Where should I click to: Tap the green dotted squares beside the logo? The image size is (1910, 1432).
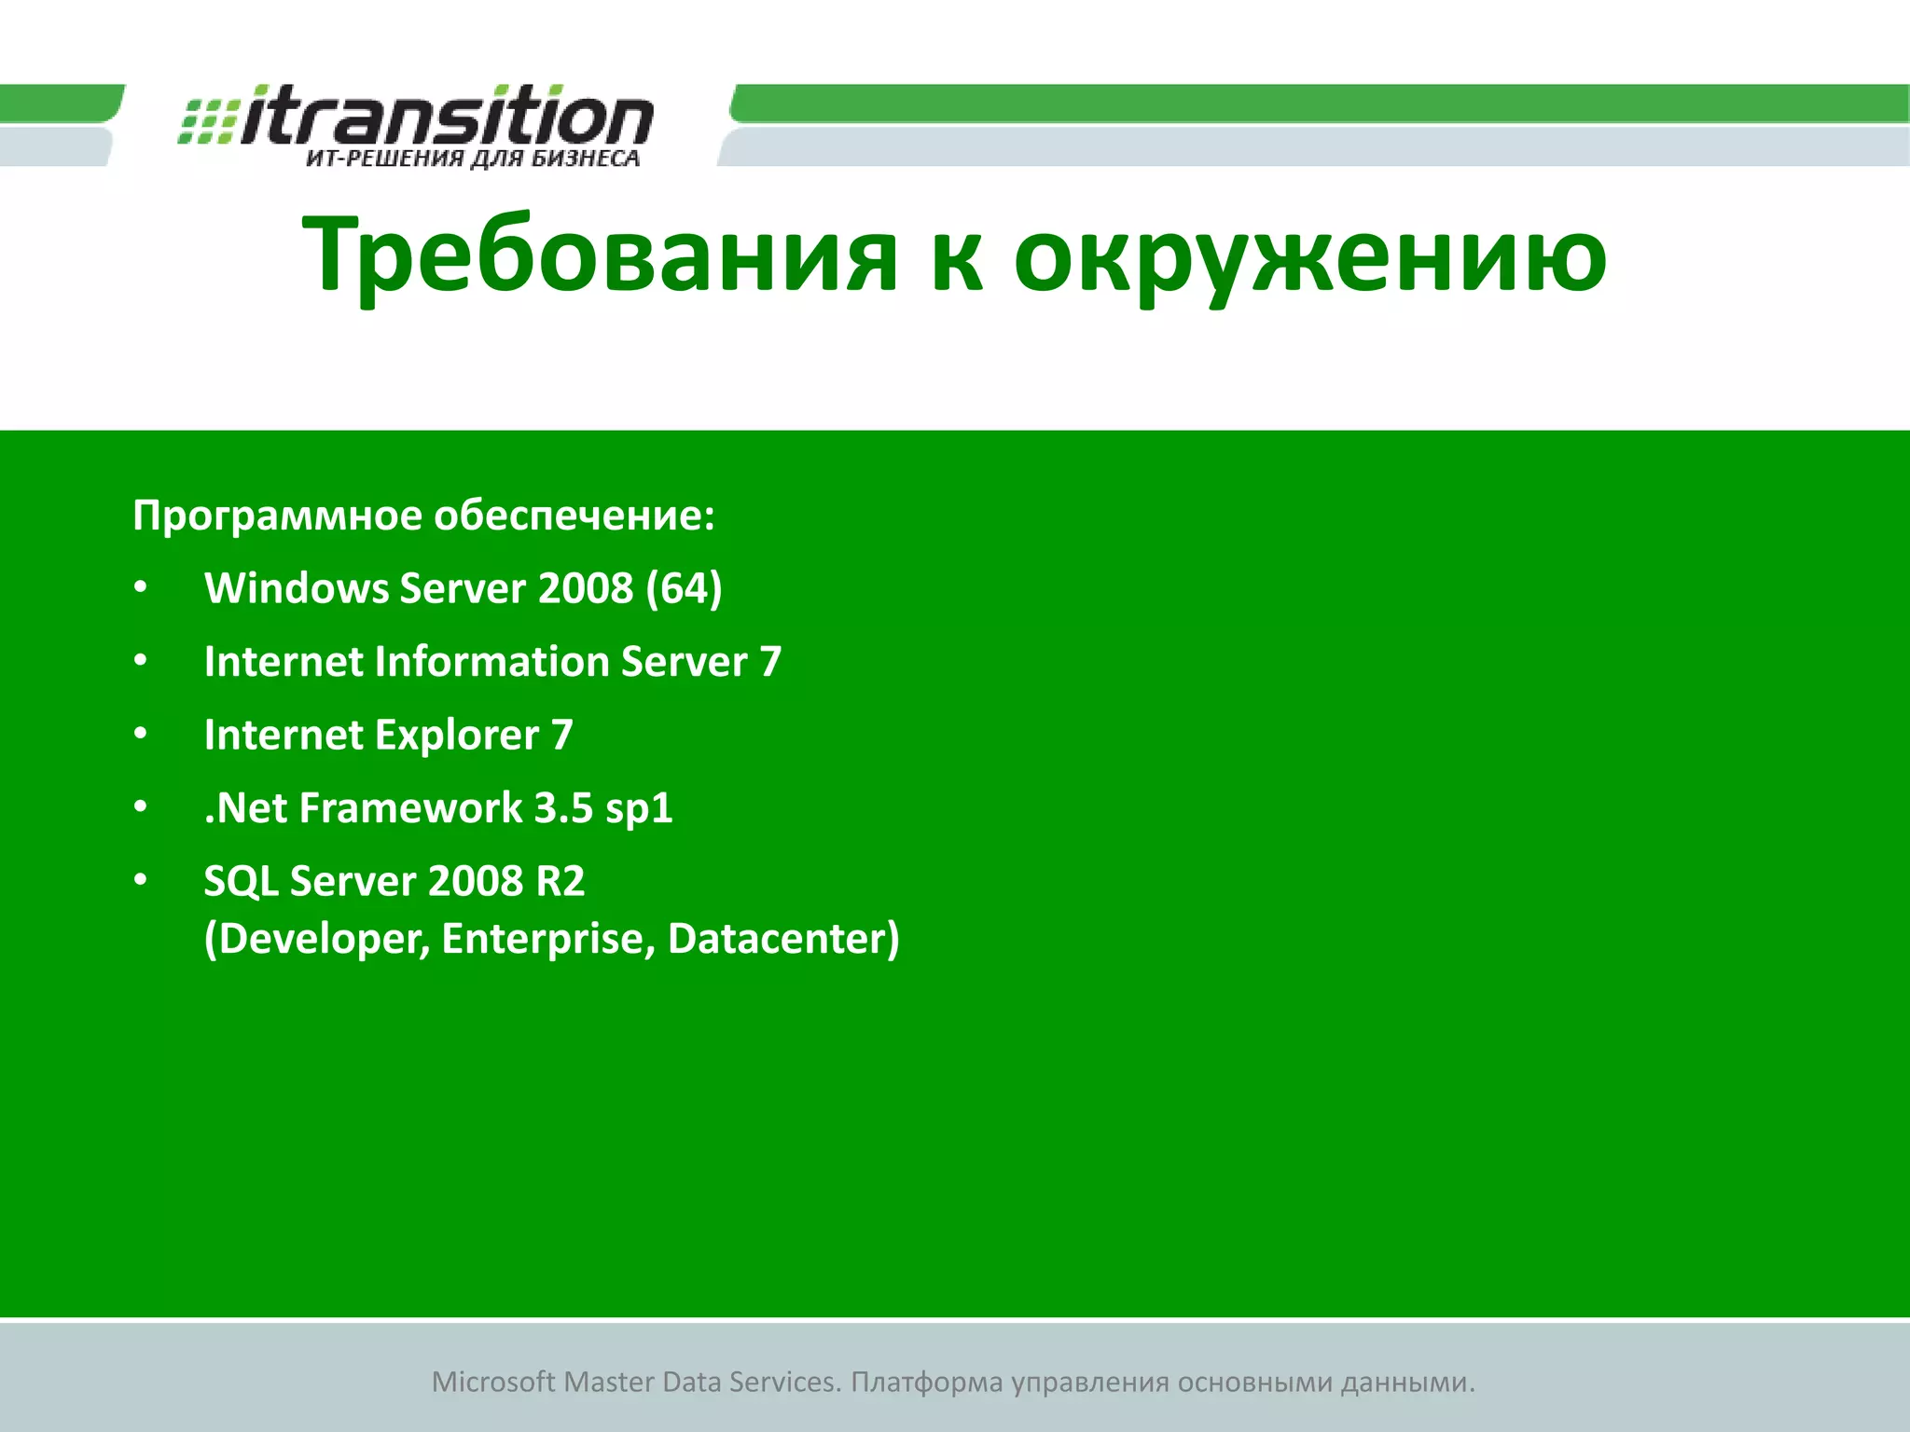point(207,122)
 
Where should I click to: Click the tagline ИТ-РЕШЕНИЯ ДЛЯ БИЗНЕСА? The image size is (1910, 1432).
point(473,158)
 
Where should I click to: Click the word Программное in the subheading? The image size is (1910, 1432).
point(277,516)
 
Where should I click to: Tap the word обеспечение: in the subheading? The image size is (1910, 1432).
point(574,516)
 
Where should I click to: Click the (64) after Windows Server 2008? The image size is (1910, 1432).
point(684,588)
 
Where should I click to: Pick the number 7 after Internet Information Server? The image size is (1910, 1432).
point(770,662)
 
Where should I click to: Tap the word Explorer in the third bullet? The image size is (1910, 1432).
point(457,736)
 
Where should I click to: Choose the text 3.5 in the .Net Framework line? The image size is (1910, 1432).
point(563,808)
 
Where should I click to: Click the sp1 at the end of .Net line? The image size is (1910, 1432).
point(639,808)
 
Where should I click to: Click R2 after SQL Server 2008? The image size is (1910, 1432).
point(561,882)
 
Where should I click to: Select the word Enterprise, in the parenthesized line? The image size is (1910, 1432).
point(548,939)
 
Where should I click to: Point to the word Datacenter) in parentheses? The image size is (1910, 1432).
point(783,939)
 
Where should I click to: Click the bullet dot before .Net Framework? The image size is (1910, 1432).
point(141,806)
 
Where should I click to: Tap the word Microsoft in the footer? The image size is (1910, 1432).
point(493,1382)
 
